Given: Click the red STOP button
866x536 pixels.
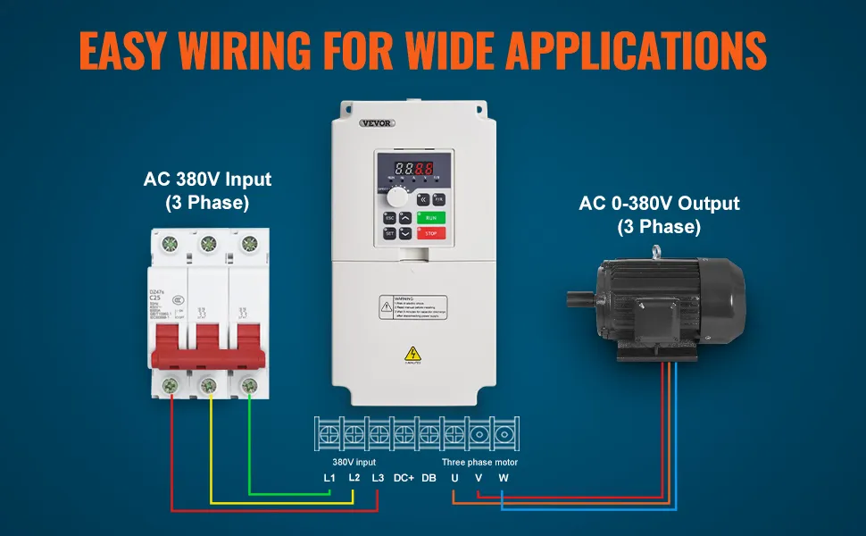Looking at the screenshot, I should point(431,232).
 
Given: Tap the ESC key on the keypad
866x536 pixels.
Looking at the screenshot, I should point(390,218).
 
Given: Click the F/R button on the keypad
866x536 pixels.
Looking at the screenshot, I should point(439,199).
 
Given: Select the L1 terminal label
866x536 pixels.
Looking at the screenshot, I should point(329,479).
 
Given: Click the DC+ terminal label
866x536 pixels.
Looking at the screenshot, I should point(404,479).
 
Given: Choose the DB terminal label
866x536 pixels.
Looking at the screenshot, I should point(429,479).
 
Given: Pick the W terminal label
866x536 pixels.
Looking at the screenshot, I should point(504,479).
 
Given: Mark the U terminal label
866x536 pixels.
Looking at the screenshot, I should point(454,479).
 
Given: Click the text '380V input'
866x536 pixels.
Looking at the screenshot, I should point(354,462).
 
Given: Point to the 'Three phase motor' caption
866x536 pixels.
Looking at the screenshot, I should point(479,462).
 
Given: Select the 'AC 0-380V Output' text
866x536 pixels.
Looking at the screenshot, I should point(659,204).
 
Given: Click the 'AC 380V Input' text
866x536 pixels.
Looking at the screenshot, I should point(207,180).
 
